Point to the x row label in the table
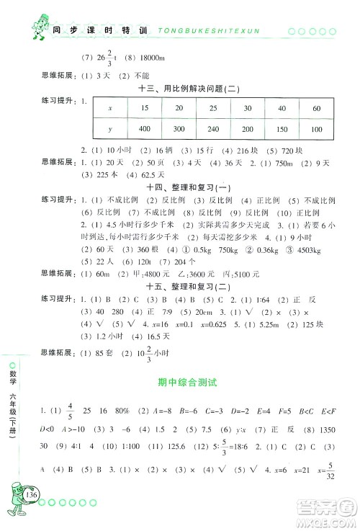tap(109, 107)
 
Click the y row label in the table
tap(109, 128)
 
